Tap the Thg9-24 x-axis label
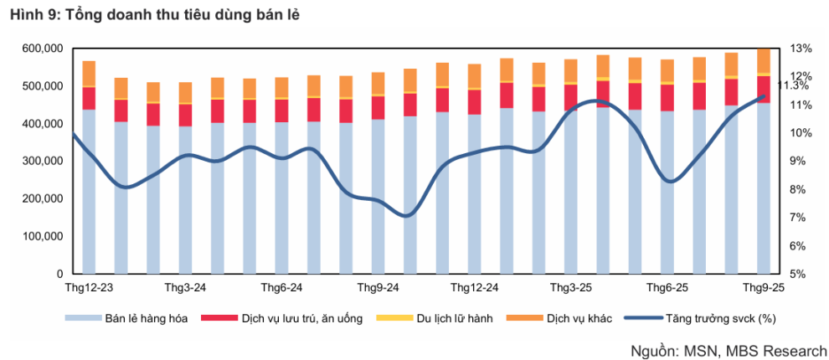click(377, 287)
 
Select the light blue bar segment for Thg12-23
click(89, 193)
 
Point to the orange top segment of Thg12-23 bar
click(89, 74)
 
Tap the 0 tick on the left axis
click(59, 274)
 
